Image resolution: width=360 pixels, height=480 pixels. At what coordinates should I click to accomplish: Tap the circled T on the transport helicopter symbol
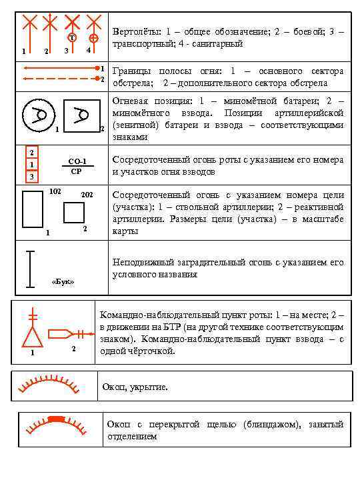(x=72, y=37)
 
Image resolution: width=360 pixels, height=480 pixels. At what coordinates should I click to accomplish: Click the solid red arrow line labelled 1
(x=60, y=69)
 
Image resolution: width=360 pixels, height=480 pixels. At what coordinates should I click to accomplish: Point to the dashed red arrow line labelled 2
(x=60, y=79)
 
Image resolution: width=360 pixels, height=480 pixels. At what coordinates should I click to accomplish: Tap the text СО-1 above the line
(x=77, y=161)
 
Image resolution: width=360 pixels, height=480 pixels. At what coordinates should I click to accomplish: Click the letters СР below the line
(x=76, y=172)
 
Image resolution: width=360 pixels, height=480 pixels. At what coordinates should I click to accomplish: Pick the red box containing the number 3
(x=31, y=177)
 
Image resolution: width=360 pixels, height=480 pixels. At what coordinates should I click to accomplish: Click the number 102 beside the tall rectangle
(x=56, y=192)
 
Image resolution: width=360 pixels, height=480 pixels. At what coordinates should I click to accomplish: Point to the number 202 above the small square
(x=87, y=195)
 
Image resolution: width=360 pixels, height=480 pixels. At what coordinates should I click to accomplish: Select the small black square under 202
(x=74, y=212)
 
